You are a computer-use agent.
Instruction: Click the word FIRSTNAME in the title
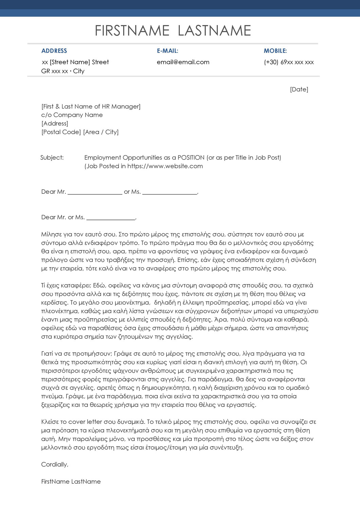click(x=132, y=31)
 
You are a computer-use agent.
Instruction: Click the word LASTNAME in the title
click(x=214, y=31)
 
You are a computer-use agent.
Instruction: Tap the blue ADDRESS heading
click(x=54, y=51)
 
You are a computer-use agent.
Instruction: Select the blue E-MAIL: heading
click(x=167, y=51)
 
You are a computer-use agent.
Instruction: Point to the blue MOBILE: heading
click(x=275, y=51)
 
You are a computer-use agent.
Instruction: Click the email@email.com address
click(x=183, y=62)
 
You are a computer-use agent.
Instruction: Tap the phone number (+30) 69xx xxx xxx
click(x=289, y=62)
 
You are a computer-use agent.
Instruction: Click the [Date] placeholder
click(x=299, y=89)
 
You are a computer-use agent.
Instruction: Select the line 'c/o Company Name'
click(x=72, y=115)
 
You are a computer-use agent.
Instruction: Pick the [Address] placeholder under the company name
click(x=55, y=124)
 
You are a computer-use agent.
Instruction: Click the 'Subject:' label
click(x=52, y=157)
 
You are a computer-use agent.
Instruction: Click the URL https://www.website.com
click(x=165, y=166)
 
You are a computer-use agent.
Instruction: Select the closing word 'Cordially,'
click(x=55, y=465)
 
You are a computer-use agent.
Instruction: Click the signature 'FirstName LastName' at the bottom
click(x=71, y=482)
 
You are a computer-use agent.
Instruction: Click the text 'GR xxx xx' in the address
click(x=54, y=71)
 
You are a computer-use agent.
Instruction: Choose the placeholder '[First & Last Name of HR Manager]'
click(x=91, y=107)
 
